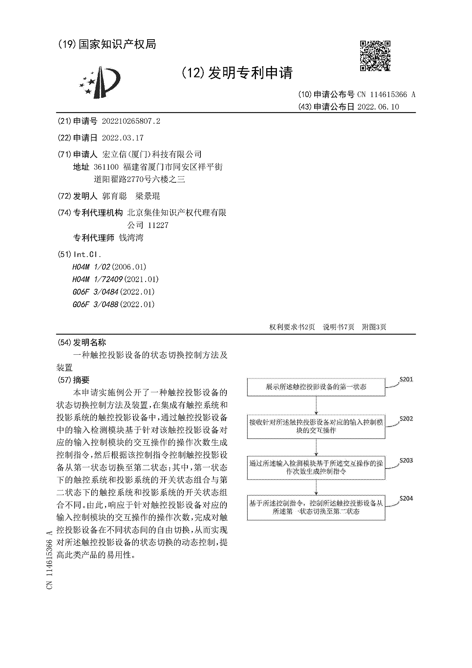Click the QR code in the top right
tap(375, 56)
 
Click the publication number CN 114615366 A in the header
tap(386, 95)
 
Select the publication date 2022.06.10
tap(378, 107)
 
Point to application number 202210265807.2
tap(131, 121)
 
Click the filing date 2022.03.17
tap(122, 138)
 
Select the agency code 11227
tap(158, 225)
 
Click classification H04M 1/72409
tap(97, 279)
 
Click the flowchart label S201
tap(406, 379)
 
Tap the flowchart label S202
tap(406, 419)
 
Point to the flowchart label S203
tap(406, 461)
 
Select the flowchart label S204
tap(406, 499)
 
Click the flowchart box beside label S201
tap(316, 387)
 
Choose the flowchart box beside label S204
tap(316, 507)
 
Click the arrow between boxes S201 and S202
tap(316, 406)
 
